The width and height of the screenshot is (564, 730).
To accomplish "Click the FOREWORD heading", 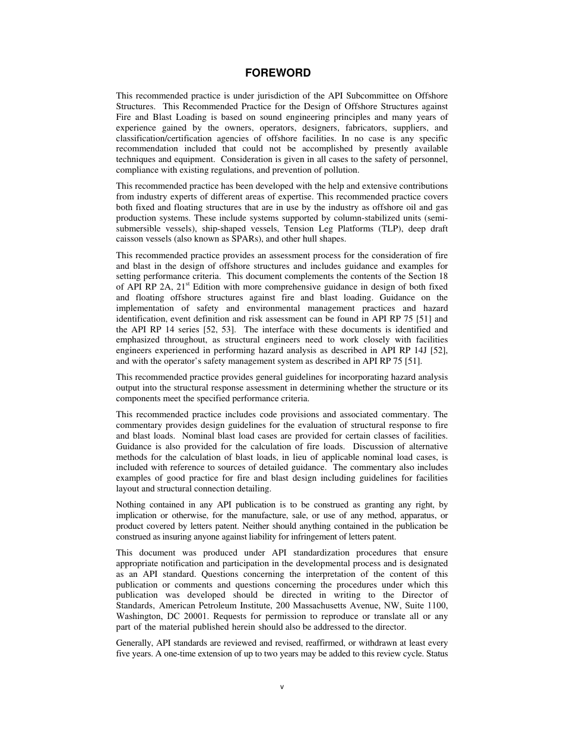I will click(278, 73).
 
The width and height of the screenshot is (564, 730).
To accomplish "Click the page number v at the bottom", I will click(282, 687).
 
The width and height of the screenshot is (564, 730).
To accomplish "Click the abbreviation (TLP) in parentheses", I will click(391, 228).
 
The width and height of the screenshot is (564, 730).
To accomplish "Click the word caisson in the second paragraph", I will click(131, 239).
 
